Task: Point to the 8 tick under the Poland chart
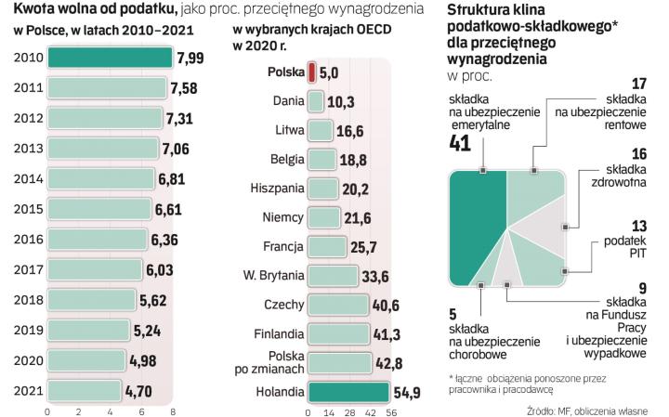(x=174, y=410)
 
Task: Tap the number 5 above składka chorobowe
(x=453, y=313)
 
